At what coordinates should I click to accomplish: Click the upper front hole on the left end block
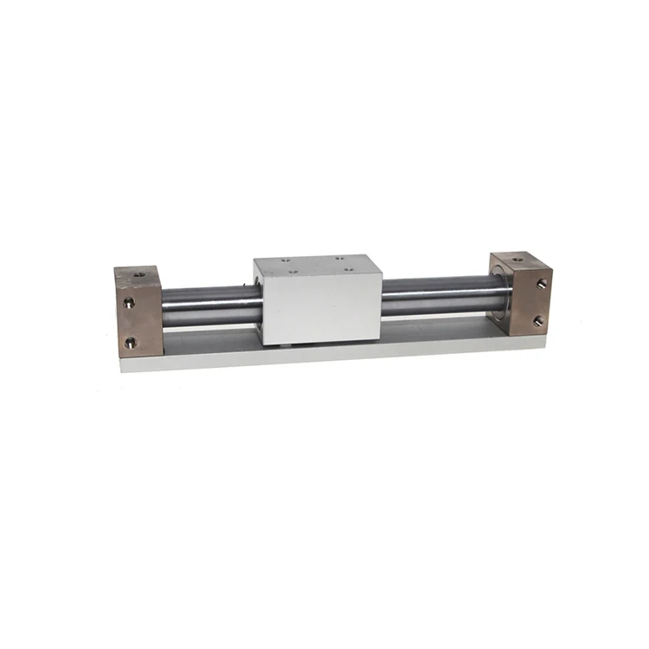coord(129,303)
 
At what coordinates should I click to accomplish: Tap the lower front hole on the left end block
coord(130,343)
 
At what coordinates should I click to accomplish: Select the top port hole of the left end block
coord(138,275)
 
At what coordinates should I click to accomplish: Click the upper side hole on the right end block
coord(542,283)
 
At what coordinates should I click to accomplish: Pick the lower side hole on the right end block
coord(538,321)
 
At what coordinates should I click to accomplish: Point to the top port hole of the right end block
coord(518,257)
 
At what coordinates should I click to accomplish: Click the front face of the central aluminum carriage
coord(322,310)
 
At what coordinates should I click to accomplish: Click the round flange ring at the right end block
coord(501,294)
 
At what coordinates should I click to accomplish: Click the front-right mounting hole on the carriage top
coord(350,269)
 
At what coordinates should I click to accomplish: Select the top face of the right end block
coord(519,261)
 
